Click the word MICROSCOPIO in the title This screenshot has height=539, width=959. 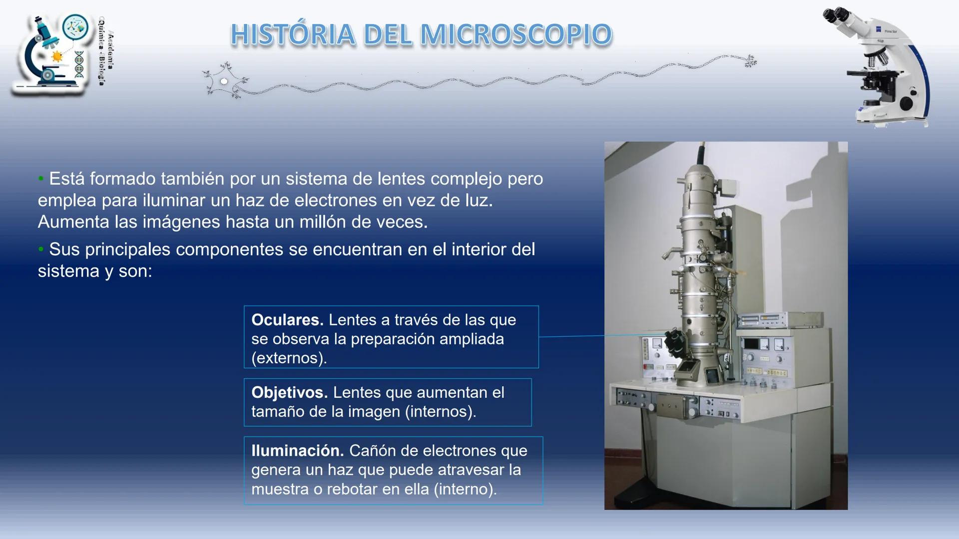pyautogui.click(x=516, y=35)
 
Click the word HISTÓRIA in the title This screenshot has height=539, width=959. pyautogui.click(x=293, y=35)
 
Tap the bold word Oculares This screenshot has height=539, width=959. pyautogui.click(x=287, y=320)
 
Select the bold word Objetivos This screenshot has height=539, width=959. pyautogui.click(x=289, y=393)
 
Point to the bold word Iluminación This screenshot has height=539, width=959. pyautogui.click(x=297, y=451)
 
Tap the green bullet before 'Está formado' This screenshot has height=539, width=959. pyautogui.click(x=41, y=179)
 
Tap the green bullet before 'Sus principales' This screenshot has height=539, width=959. pyautogui.click(x=41, y=249)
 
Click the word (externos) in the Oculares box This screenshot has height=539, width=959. pyautogui.click(x=289, y=358)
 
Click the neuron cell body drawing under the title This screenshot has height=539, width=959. pyautogui.click(x=224, y=81)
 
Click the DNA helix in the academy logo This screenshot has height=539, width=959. pyautogui.click(x=79, y=64)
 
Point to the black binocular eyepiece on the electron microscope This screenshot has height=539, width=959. pyautogui.click(x=675, y=342)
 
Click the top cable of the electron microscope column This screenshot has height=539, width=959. pyautogui.click(x=701, y=152)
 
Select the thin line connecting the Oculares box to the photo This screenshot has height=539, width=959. pyautogui.click(x=572, y=336)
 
